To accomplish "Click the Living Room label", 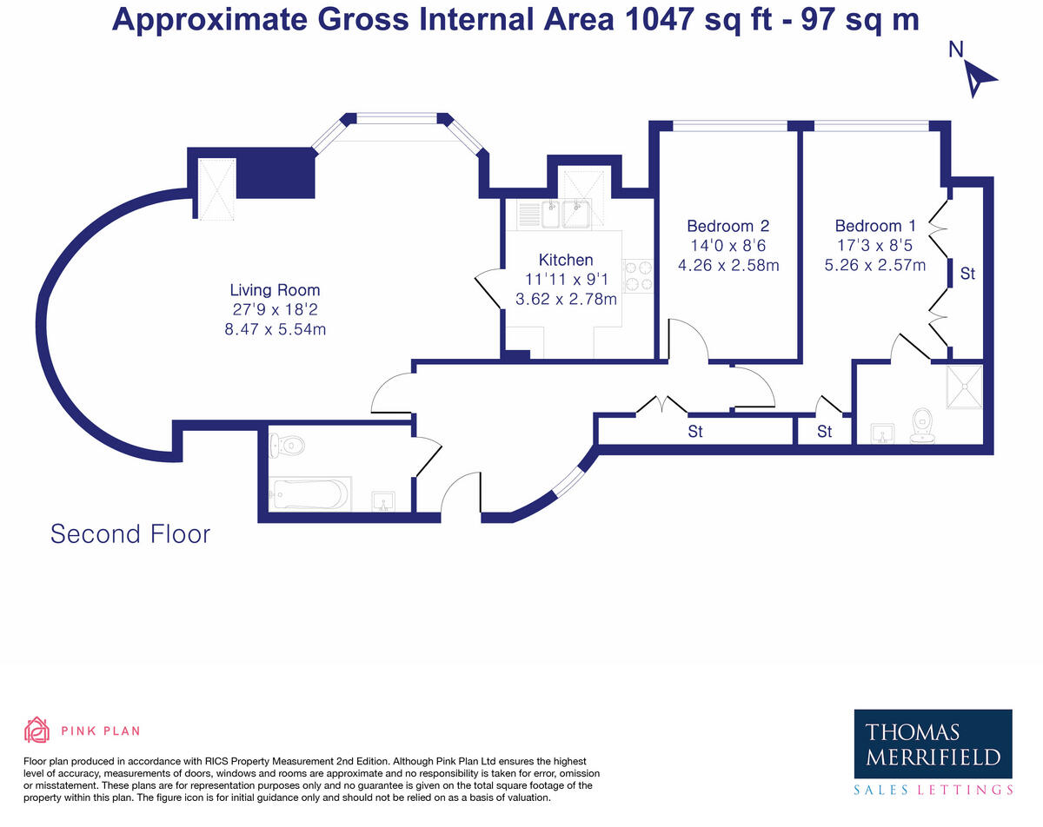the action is pyautogui.click(x=275, y=290).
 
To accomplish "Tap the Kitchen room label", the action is pyautogui.click(x=566, y=260).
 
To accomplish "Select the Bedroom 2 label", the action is pyautogui.click(x=728, y=226).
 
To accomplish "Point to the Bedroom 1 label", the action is pyautogui.click(x=875, y=226).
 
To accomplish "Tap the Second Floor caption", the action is pyautogui.click(x=130, y=534).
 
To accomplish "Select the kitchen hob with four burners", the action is pyautogui.click(x=638, y=276).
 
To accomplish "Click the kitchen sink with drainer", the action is pyautogui.click(x=554, y=215).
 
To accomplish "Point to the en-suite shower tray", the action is pyautogui.click(x=965, y=387).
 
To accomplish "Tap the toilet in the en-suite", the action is pyautogui.click(x=921, y=426).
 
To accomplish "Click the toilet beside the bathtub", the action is pyautogui.click(x=287, y=444).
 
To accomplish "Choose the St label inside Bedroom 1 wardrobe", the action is pyautogui.click(x=967, y=274).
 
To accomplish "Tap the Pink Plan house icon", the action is pyautogui.click(x=37, y=730).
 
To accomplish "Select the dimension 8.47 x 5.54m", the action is pyautogui.click(x=275, y=329).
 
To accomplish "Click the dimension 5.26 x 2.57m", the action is pyautogui.click(x=875, y=265).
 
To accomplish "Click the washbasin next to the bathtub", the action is pyautogui.click(x=383, y=501).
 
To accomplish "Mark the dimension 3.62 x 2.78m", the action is pyautogui.click(x=566, y=299).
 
